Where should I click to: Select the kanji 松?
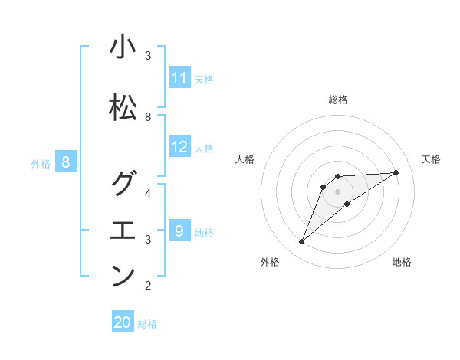(123, 108)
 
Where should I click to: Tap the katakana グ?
(123, 184)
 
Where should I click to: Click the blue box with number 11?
(179, 78)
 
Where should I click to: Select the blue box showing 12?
(179, 147)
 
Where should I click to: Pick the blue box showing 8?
(66, 162)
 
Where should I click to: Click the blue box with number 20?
(123, 322)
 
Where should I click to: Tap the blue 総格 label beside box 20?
(147, 324)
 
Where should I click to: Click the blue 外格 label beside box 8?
(41, 163)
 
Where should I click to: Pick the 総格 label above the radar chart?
(337, 100)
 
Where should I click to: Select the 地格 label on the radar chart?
(402, 262)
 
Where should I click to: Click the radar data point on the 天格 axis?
(396, 172)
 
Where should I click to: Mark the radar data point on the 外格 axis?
(301, 242)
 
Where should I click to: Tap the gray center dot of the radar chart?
(337, 191)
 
